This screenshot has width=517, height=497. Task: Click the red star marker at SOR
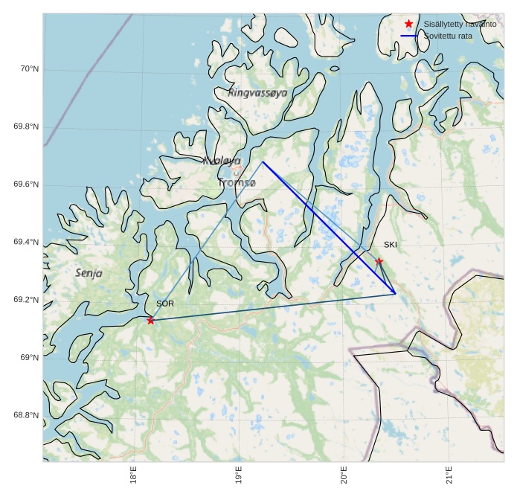(150, 320)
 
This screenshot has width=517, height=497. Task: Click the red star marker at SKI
(379, 261)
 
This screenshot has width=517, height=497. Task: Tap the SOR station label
(164, 304)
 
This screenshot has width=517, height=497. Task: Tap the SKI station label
(391, 244)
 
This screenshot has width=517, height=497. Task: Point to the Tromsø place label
(237, 182)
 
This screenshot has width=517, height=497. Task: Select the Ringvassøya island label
(257, 93)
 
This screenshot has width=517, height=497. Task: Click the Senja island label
(89, 273)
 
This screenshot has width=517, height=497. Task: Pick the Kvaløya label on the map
(222, 160)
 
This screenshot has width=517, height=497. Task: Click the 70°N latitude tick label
(29, 69)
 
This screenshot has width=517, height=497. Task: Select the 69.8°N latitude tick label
(26, 126)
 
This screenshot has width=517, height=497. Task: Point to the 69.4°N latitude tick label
(26, 243)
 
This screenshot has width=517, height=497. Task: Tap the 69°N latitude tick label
(29, 358)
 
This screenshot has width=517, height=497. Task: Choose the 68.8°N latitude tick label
(26, 415)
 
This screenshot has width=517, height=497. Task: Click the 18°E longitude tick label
(133, 475)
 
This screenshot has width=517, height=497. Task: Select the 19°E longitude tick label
(238, 475)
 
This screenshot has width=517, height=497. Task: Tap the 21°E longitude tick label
(449, 475)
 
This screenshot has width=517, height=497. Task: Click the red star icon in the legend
(408, 24)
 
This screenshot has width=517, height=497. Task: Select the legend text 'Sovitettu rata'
(448, 36)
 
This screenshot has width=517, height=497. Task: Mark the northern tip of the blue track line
(263, 161)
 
